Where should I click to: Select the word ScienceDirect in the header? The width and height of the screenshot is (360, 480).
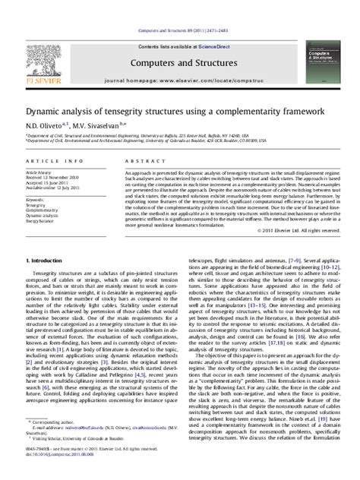coord(207,26)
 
